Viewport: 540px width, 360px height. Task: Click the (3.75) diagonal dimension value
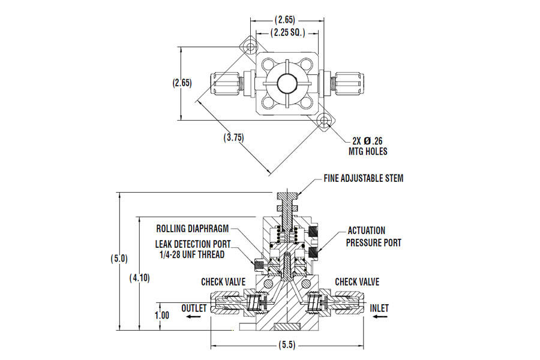[x=234, y=138]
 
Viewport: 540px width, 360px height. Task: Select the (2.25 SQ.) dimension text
[x=288, y=33]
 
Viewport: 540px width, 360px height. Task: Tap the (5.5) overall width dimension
[x=287, y=345]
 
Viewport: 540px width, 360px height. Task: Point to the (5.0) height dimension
[x=119, y=259]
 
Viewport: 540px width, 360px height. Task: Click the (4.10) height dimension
[x=139, y=278]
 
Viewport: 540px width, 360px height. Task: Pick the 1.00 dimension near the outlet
[x=161, y=315]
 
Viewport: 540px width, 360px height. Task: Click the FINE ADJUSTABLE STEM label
[x=364, y=178]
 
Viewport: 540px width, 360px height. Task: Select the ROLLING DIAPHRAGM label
[x=193, y=229]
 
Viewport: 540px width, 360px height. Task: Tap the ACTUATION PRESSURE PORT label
[x=374, y=236]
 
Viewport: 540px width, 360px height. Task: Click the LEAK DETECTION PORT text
[x=193, y=244]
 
